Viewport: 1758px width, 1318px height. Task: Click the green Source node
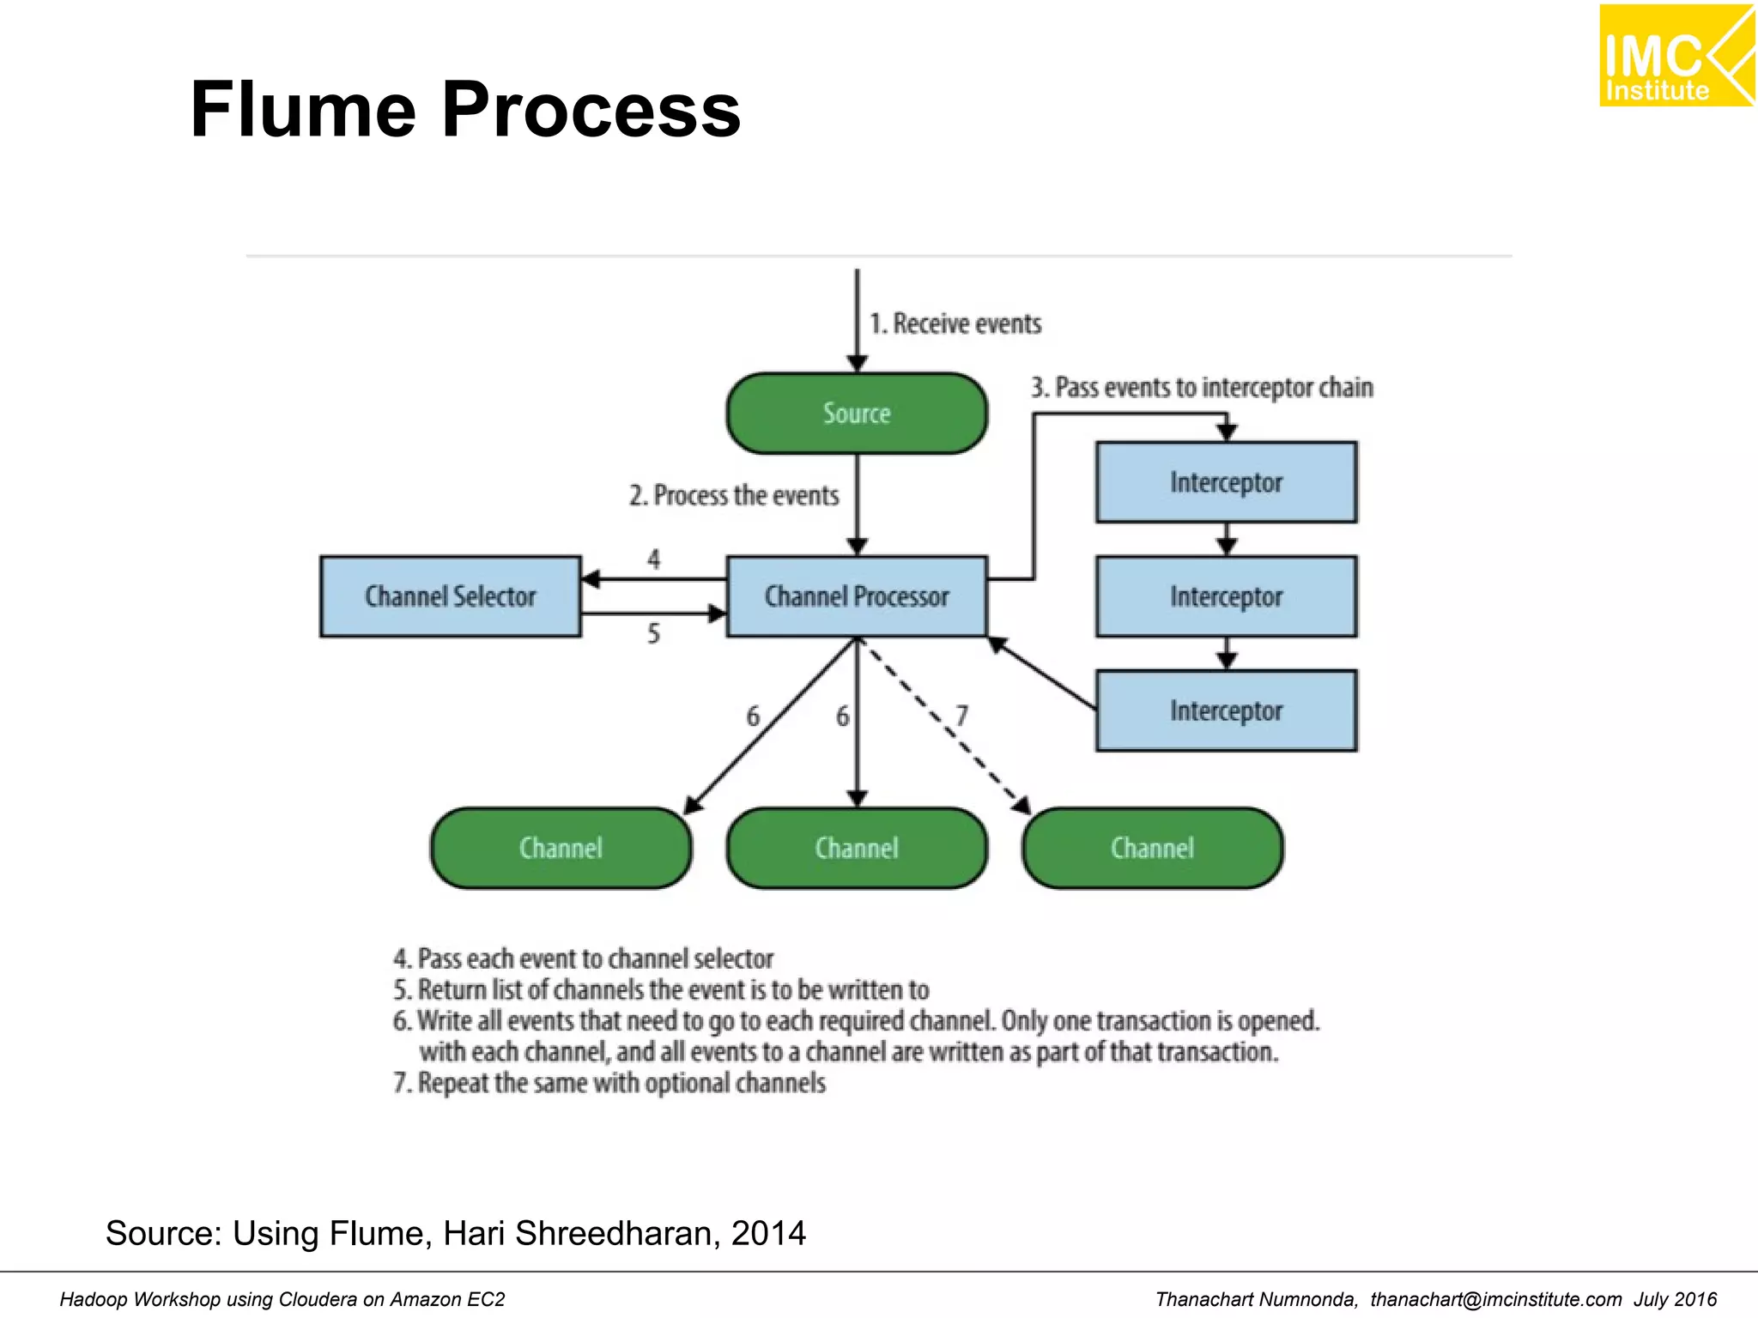(857, 414)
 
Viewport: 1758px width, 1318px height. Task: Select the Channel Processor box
(857, 596)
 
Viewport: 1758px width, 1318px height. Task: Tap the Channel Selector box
(451, 596)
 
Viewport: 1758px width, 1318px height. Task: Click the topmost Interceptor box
(1226, 482)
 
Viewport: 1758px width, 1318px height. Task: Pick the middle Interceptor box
(1226, 596)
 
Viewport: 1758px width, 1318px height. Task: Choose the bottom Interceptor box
(1226, 710)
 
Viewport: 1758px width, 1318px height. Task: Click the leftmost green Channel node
(561, 848)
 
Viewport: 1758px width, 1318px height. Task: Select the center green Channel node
(857, 848)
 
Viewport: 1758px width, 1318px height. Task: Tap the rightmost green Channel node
(1152, 848)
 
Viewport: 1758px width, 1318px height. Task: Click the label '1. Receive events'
(955, 323)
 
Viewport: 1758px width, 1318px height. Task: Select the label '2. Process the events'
(734, 495)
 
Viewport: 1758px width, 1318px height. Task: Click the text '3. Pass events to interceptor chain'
(1202, 387)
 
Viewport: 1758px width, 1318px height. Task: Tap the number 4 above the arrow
(654, 559)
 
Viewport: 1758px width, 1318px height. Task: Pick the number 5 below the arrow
(654, 634)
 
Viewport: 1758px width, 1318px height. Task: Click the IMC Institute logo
(1676, 56)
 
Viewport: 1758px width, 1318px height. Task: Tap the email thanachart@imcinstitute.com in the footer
(1495, 1299)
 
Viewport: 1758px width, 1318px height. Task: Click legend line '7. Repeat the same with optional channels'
(609, 1083)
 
